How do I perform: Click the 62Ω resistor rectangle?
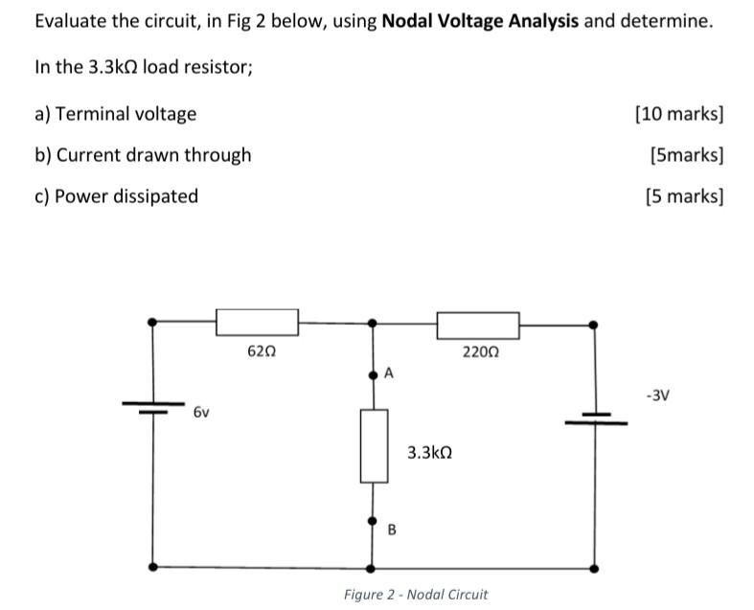click(257, 323)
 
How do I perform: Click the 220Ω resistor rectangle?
click(478, 326)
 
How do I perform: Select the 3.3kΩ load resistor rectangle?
click(374, 445)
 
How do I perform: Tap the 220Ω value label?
click(480, 352)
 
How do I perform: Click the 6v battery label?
click(201, 413)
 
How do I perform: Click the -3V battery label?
click(657, 394)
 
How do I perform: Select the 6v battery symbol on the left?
click(152, 407)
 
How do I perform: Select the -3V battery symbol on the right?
click(595, 418)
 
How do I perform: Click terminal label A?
click(388, 373)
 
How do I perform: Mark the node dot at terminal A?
click(374, 376)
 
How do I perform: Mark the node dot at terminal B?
click(374, 522)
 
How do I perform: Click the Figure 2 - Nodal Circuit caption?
click(416, 595)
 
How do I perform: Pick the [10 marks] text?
click(679, 114)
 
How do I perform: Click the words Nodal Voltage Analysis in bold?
click(480, 21)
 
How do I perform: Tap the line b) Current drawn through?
click(143, 155)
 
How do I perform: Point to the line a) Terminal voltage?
click(115, 114)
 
